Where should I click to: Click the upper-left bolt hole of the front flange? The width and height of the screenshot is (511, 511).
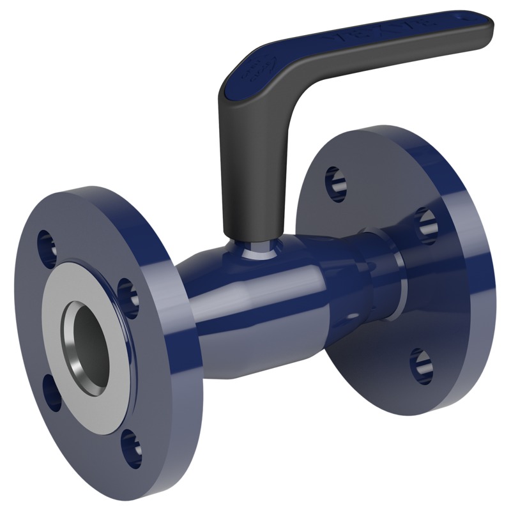tap(46, 247)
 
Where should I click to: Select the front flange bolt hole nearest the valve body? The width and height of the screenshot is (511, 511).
tap(128, 298)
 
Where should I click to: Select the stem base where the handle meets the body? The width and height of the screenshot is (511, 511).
tap(258, 249)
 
